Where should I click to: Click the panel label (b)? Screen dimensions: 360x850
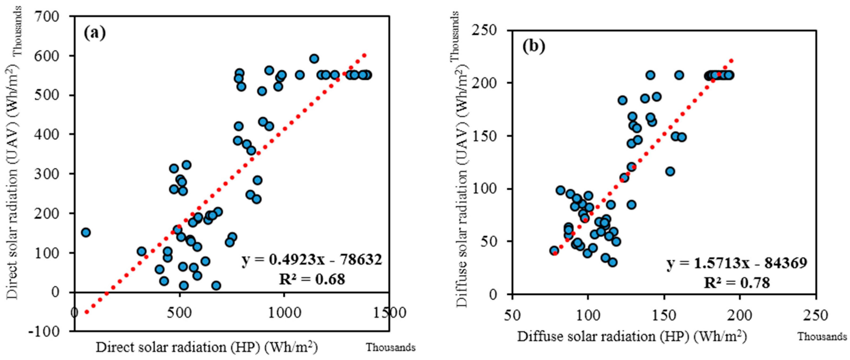pos(534,46)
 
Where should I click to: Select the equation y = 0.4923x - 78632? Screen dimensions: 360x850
pos(312,260)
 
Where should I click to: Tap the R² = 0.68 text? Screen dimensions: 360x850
pos(312,279)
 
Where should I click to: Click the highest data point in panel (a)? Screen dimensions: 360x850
pos(314,59)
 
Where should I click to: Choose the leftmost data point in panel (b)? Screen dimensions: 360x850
pos(554,250)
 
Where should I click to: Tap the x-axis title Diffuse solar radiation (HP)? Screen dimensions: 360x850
pos(632,337)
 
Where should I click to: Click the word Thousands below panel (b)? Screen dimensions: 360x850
pos(822,337)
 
